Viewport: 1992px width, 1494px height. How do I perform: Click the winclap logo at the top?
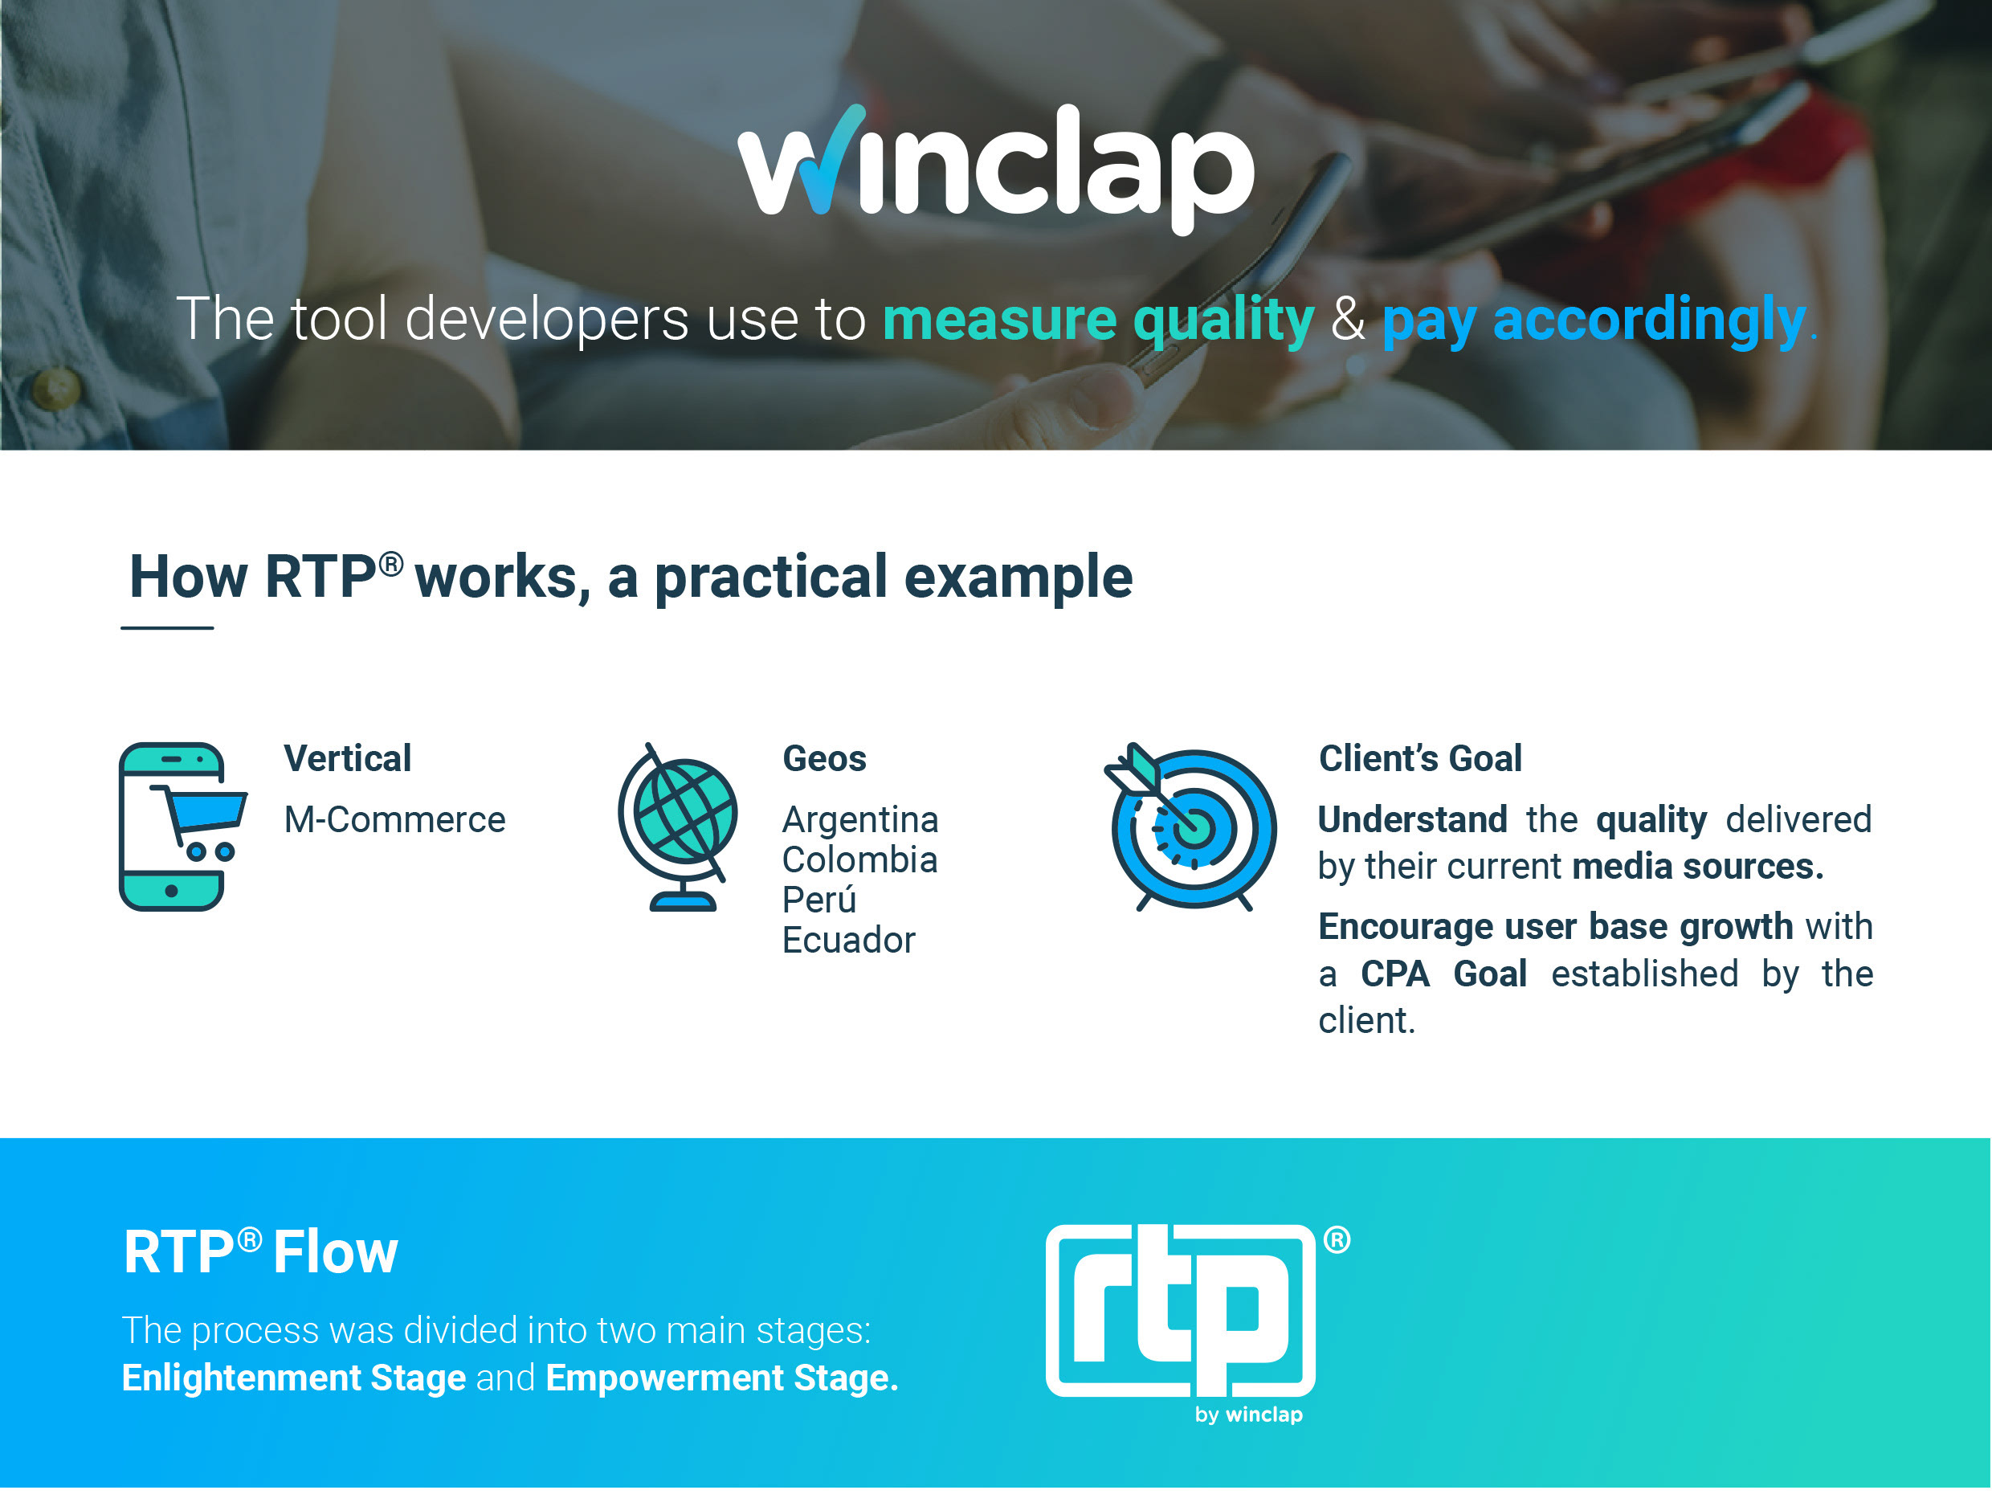pyautogui.click(x=995, y=169)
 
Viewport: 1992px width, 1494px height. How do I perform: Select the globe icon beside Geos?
pyautogui.click(x=677, y=827)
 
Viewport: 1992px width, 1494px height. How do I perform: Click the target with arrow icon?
pyautogui.click(x=1190, y=827)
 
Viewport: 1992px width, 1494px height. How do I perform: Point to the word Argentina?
pyautogui.click(x=860, y=819)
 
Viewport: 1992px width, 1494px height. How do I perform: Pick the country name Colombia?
pyautogui.click(x=860, y=860)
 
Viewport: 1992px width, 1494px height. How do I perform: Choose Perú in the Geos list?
pyautogui.click(x=818, y=900)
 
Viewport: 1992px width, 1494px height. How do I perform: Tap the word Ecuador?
pyautogui.click(x=848, y=940)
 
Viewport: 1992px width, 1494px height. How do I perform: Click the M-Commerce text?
pyautogui.click(x=394, y=819)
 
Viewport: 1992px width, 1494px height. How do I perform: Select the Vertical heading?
pyautogui.click(x=348, y=758)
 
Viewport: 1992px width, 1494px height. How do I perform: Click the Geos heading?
pyautogui.click(x=824, y=758)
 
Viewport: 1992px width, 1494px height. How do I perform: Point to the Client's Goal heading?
pyautogui.click(x=1420, y=758)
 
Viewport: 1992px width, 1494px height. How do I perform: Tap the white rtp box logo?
pyautogui.click(x=1181, y=1311)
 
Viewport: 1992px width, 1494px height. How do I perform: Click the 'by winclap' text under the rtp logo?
pyautogui.click(x=1248, y=1414)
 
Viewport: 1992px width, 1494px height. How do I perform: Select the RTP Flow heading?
pyautogui.click(x=260, y=1251)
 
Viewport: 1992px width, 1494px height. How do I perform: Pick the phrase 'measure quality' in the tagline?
pyautogui.click(x=1098, y=320)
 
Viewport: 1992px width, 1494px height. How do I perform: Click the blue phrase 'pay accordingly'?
pyautogui.click(x=1594, y=320)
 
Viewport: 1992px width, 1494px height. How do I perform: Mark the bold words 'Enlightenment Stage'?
pyautogui.click(x=293, y=1378)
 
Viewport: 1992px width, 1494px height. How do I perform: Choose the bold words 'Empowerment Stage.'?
pyautogui.click(x=722, y=1378)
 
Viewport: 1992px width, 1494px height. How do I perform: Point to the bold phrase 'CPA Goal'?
pyautogui.click(x=1443, y=974)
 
